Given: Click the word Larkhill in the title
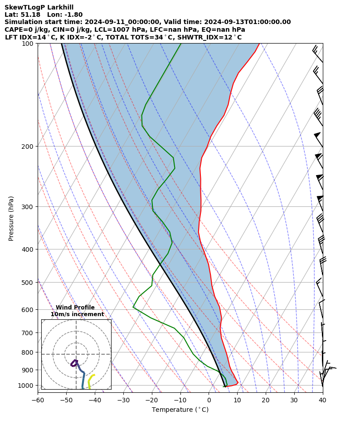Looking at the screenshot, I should point(59,7).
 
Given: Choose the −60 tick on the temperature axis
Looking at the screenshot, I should point(38,400).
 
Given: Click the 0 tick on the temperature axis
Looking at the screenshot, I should point(209,400).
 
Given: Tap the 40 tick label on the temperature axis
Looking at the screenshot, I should point(322,400).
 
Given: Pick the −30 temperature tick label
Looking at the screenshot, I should point(123,400).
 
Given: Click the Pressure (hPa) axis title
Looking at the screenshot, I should point(11,218).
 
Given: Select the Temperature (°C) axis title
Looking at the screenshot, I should point(180,410).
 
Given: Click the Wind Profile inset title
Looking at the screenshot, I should point(75,308).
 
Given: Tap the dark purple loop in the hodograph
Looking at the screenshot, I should point(74,363).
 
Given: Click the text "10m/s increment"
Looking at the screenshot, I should point(77,314).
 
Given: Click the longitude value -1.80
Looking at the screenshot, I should point(74,15).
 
